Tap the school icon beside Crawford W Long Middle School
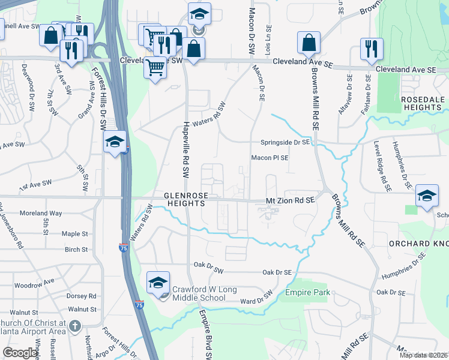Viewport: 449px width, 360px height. (157, 283)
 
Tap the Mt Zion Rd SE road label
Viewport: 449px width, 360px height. (291, 203)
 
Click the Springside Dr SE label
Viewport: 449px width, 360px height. (285, 142)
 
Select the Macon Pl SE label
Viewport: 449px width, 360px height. (270, 158)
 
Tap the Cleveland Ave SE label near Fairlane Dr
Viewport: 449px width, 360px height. (406, 70)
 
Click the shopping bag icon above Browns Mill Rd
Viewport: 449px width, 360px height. (309, 43)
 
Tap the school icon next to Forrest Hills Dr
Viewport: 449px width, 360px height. (114, 142)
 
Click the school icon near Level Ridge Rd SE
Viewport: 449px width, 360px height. (427, 196)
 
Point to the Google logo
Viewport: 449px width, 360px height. (21, 352)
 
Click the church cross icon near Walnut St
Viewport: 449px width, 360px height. (74, 326)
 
